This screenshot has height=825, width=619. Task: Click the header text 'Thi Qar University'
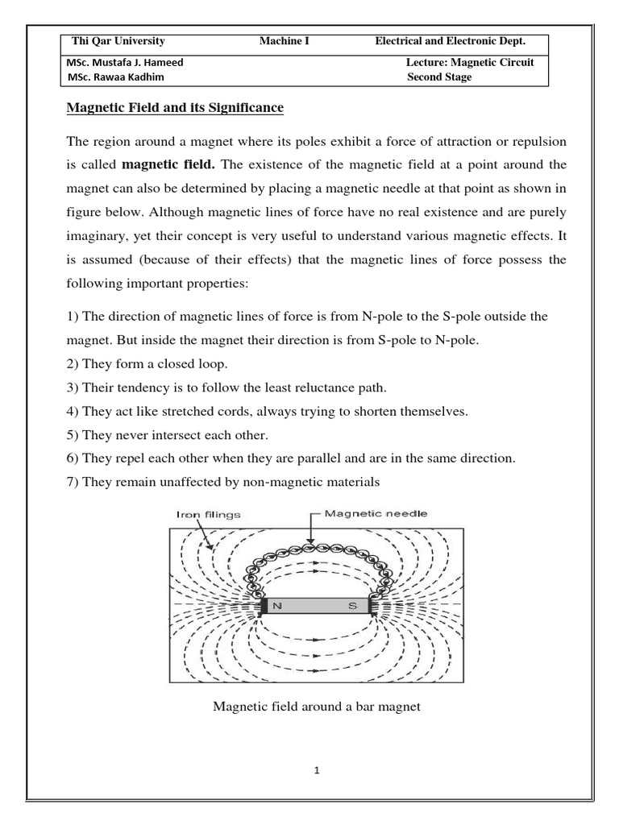(118, 41)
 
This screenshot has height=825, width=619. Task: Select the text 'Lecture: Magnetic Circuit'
(470, 63)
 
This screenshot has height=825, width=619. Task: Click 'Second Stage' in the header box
(439, 77)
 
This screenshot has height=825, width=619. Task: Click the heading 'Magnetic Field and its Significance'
(175, 107)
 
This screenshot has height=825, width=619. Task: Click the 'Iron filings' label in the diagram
(207, 513)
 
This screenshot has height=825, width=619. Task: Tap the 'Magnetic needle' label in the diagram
(376, 513)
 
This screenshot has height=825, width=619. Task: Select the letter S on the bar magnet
(352, 607)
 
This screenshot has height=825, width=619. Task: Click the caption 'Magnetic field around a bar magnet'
(317, 707)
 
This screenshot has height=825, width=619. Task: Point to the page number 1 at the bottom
(318, 770)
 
